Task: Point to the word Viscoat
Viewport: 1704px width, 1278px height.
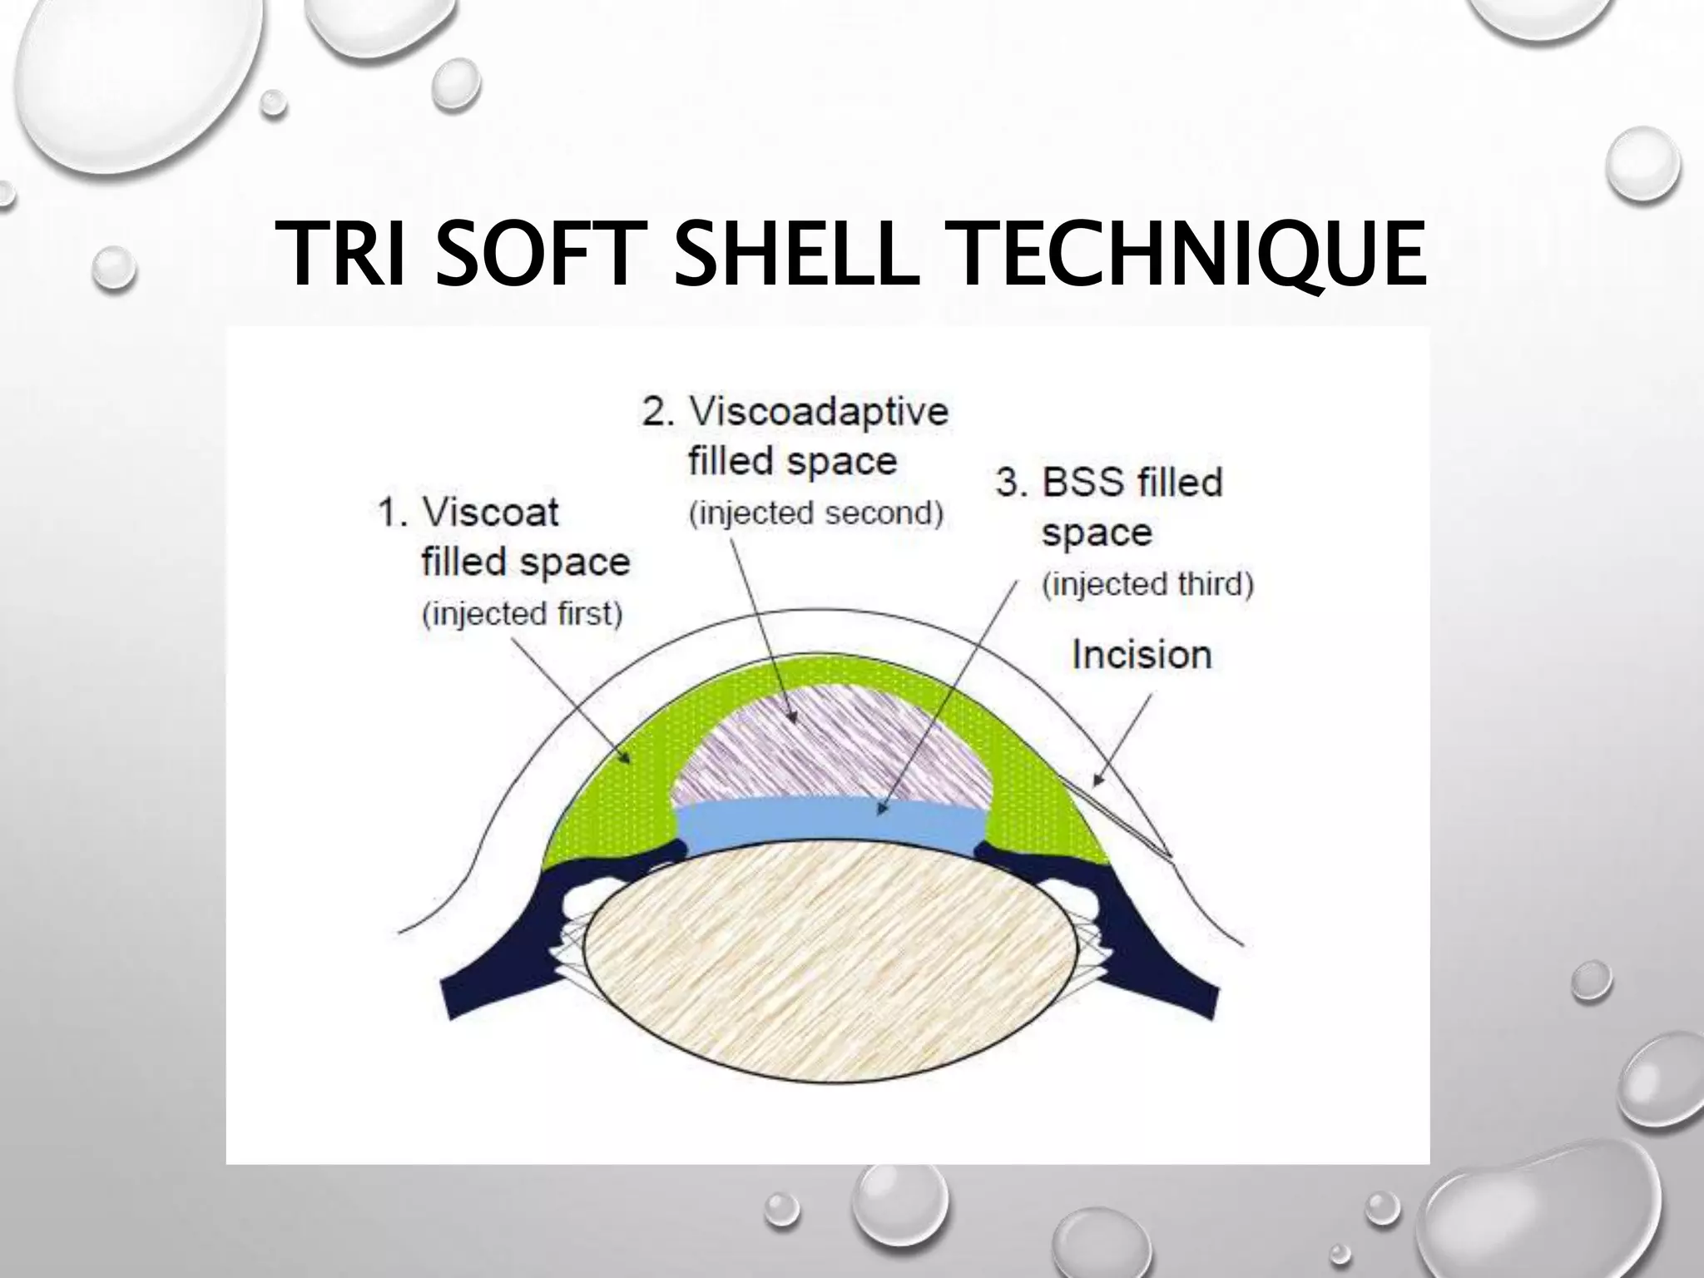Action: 490,512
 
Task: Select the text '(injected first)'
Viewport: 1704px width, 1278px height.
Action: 523,614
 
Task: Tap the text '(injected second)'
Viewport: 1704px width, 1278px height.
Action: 815,513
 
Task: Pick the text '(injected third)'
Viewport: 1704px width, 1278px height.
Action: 1147,584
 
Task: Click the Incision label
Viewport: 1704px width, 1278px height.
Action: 1142,655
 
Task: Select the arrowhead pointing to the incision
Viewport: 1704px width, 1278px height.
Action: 1097,780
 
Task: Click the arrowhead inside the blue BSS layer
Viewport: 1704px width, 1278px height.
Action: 883,806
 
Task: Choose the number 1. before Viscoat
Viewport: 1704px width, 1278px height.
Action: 394,513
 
